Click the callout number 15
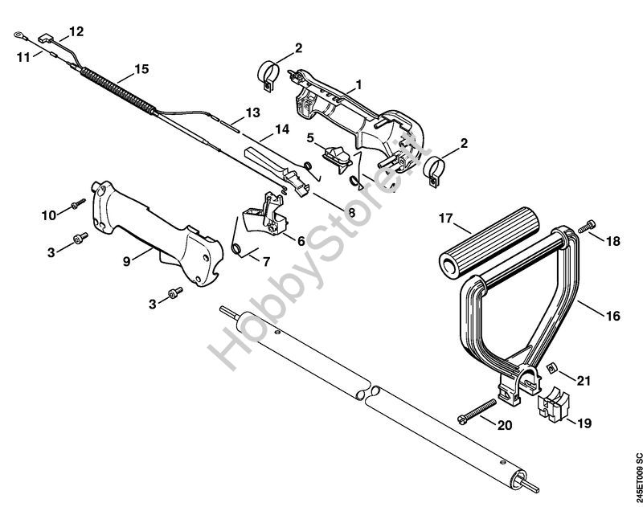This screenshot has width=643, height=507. pos(141,69)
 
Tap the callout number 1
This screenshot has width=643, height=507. pos(358,84)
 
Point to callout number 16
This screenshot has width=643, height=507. pos(613,316)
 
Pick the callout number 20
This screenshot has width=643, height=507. pos(504,425)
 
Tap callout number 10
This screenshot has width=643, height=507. pos(49,214)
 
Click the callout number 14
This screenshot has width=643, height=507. pos(281,129)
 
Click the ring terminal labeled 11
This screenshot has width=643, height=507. pos(20,35)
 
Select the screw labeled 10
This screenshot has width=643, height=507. pos(76,206)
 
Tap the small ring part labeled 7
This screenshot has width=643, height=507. pos(238,248)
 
